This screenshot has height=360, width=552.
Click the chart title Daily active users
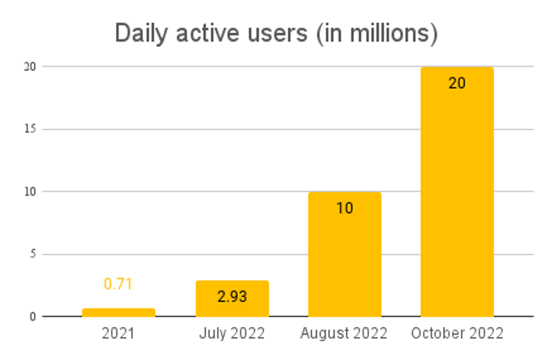276,33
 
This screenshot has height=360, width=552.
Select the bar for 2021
119,312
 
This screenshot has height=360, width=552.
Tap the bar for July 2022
232,299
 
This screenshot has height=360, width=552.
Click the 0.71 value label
118,283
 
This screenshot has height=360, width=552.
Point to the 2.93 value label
232,297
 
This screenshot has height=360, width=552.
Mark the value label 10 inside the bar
344,208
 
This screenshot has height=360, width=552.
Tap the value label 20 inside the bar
457,83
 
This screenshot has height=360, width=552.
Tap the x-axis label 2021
118,334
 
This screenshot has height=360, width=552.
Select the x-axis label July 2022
232,334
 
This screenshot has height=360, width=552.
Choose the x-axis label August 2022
344,334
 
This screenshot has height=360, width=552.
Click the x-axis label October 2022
457,334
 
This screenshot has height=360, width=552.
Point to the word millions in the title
387,33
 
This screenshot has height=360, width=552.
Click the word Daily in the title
139,33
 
